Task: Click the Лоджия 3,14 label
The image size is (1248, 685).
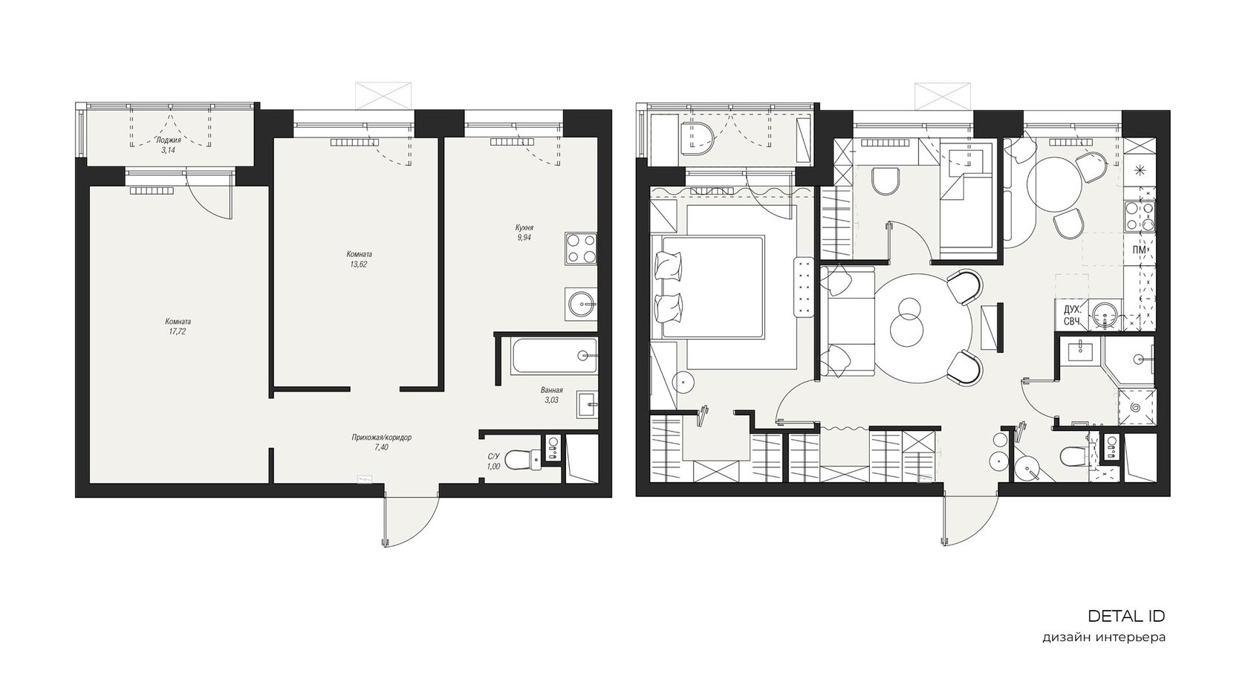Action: [x=168, y=145]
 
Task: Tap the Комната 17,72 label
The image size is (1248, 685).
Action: [x=178, y=326]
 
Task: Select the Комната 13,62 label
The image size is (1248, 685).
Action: [x=359, y=259]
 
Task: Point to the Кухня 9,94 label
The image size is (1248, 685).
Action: [x=524, y=233]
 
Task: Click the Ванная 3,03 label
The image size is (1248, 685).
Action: [x=551, y=395]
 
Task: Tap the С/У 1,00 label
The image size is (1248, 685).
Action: [x=493, y=461]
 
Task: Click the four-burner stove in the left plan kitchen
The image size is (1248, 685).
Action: [x=581, y=248]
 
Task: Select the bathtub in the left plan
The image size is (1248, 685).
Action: [x=554, y=356]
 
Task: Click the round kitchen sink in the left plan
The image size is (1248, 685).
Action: [x=582, y=305]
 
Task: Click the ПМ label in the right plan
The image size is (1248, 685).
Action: [x=1140, y=250]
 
